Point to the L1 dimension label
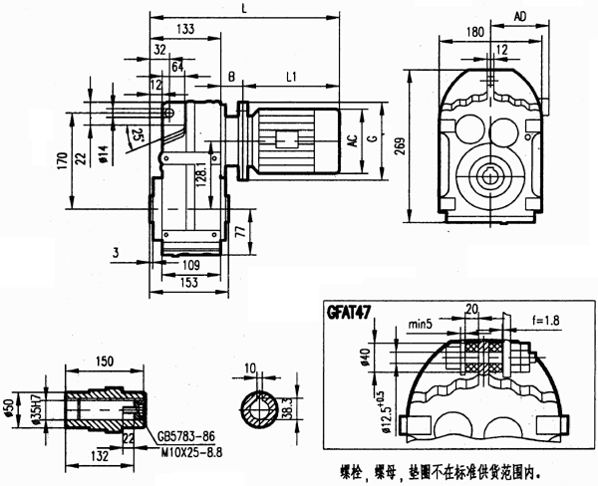click(293, 77)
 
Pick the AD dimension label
click(521, 16)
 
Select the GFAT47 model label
click(349, 311)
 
